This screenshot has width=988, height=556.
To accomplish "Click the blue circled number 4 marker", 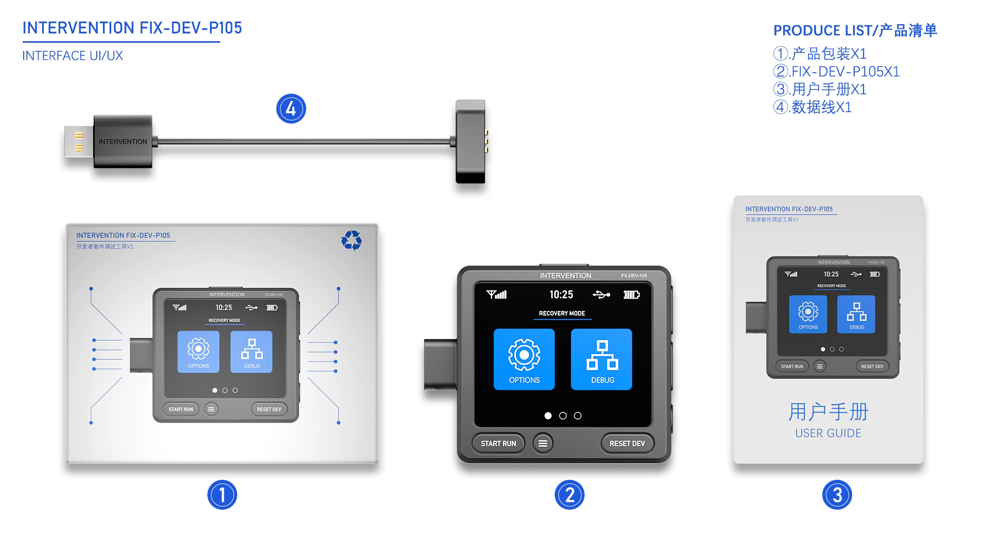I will pos(291,109).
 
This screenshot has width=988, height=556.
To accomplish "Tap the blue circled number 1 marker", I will pos(222,495).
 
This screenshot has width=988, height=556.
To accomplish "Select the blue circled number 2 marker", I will pos(569,495).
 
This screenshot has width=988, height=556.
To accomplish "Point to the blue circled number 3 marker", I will pos(837,495).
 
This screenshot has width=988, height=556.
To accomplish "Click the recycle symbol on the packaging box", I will pos(351,240).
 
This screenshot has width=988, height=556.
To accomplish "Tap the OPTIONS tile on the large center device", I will pos(524,359).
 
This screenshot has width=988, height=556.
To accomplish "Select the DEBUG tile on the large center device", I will pos(602,359).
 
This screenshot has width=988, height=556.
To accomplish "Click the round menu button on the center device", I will pos(542,443).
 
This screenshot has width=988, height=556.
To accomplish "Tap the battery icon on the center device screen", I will pos(631,294).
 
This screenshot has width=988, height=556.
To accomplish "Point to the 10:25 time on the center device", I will pos(561,294).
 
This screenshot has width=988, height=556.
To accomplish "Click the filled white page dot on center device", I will pos(548,415).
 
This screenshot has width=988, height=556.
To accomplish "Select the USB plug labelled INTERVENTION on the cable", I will pos(122,142).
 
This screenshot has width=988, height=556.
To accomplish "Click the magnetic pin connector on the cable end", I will pos(471,142).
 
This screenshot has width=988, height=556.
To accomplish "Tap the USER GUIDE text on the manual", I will pos(827,433).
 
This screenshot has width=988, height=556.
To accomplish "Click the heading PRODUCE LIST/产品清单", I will pos(855,30).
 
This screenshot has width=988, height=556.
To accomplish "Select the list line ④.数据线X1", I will pos(813,107).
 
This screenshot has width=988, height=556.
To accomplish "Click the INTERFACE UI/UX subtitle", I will pos(73,56).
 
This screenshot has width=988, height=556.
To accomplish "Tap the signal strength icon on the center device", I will pos(497,294).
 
